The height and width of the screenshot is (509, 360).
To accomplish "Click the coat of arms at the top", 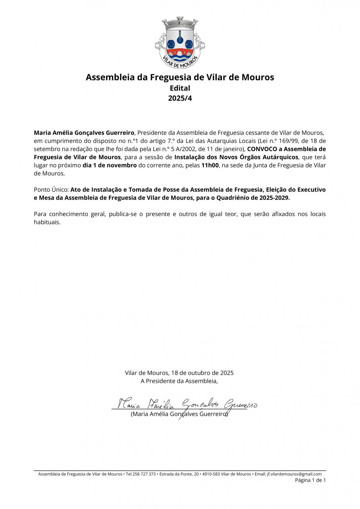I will (x=180, y=43).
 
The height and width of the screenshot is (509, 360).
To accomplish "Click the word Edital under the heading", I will (x=180, y=88).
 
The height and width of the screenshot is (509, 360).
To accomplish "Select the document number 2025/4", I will (x=180, y=98).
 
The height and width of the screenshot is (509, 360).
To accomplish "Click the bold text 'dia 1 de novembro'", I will (x=109, y=165).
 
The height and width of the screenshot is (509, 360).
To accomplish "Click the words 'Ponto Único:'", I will (x=51, y=190).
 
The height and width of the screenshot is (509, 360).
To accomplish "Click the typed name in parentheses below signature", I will (x=179, y=414).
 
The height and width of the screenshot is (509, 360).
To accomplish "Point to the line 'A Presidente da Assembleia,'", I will (x=179, y=381).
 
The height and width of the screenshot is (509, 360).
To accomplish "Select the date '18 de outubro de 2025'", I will (x=202, y=373).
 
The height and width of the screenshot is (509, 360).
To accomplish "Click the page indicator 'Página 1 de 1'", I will (x=310, y=480).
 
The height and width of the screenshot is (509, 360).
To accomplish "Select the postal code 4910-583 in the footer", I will (x=209, y=474).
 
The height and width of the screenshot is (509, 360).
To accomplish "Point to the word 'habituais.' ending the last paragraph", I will (x=47, y=222).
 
